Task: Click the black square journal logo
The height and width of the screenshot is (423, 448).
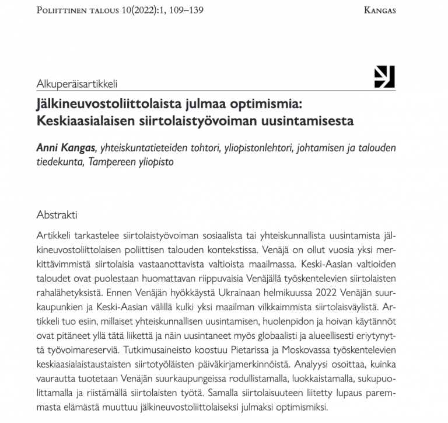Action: (384, 77)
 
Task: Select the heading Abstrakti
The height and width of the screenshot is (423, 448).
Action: (57, 214)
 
